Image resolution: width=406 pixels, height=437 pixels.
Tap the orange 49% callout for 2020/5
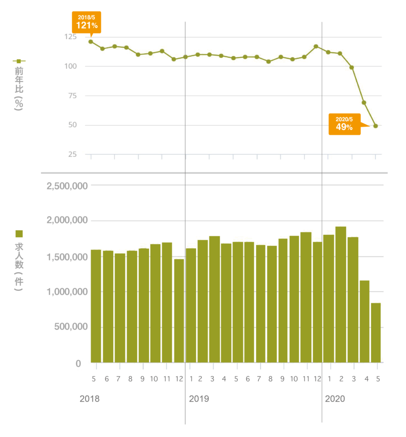(x=344, y=124)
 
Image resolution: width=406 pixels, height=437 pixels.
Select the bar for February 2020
(x=341, y=294)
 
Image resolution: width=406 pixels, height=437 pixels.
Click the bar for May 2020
(x=376, y=332)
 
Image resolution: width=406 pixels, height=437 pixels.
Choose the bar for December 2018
(x=179, y=311)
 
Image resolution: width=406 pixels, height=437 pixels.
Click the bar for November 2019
(x=306, y=297)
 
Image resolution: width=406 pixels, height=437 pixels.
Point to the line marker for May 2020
(x=376, y=126)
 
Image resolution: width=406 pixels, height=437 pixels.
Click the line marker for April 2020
(x=364, y=102)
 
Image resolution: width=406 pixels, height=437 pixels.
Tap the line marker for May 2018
(x=91, y=41)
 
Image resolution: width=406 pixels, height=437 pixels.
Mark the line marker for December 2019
(x=316, y=46)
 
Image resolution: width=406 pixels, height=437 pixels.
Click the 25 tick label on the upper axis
(x=72, y=154)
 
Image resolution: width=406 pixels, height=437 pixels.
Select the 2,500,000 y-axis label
(x=68, y=186)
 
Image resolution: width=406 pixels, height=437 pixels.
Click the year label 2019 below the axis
(x=199, y=399)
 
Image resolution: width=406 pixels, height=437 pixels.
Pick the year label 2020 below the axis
(x=335, y=399)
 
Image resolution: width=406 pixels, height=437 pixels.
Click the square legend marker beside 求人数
(x=19, y=233)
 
